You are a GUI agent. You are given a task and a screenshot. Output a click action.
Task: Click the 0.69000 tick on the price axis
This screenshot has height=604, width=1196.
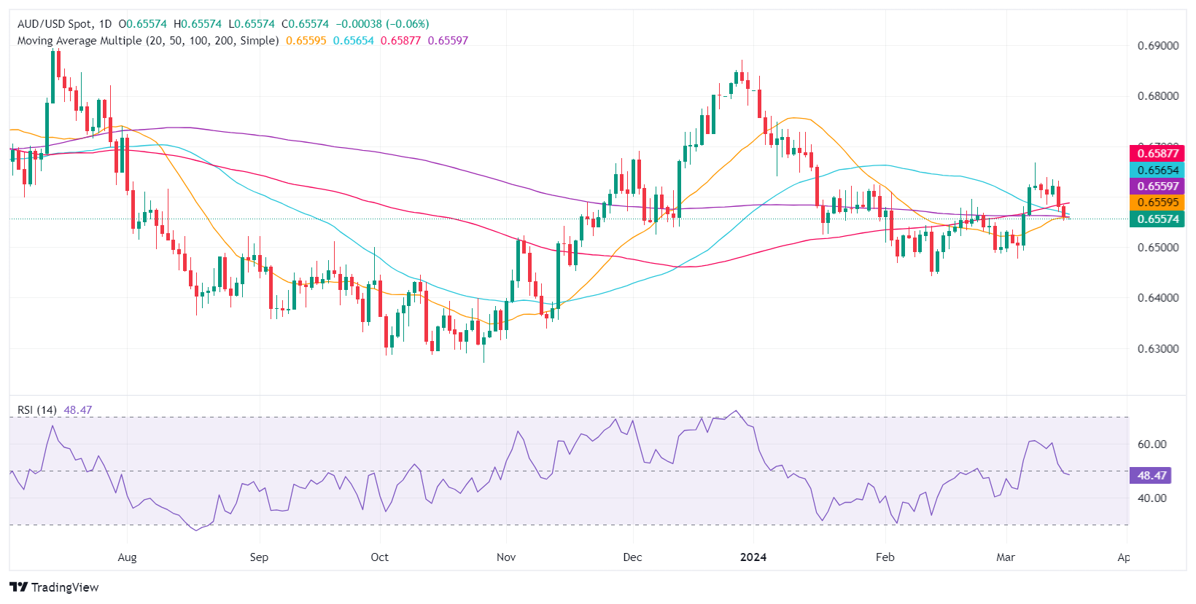pos(1157,46)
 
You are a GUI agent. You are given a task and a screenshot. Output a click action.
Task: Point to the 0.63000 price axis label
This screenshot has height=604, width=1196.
pos(1157,349)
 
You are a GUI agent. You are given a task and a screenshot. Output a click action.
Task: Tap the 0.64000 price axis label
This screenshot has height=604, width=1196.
pos(1157,298)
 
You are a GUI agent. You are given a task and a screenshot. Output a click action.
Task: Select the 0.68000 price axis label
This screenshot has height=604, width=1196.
pos(1157,96)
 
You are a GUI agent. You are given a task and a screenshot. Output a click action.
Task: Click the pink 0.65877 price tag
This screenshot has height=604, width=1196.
pos(1157,154)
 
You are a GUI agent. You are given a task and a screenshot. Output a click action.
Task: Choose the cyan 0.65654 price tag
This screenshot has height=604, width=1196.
pos(1157,170)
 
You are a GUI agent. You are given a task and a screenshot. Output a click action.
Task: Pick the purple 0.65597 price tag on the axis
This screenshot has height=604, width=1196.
pos(1157,187)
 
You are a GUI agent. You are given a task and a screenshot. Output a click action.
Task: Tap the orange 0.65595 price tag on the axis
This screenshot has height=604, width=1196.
pos(1157,203)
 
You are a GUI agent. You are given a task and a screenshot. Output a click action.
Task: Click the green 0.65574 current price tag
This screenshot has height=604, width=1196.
pos(1157,219)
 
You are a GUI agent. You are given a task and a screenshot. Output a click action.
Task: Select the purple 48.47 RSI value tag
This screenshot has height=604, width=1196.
pos(1150,476)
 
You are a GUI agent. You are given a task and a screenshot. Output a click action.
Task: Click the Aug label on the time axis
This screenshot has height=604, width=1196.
pos(127,557)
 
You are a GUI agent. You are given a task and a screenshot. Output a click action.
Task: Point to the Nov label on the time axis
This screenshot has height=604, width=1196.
pos(506,557)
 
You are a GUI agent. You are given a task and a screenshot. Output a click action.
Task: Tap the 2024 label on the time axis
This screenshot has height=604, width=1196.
pos(753,557)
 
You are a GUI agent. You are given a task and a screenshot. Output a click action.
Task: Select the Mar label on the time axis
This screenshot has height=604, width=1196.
pos(1006,557)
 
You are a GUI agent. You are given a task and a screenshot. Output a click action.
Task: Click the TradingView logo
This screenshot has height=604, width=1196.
pos(55,587)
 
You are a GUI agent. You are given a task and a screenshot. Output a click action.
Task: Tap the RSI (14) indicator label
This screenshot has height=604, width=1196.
pos(37,410)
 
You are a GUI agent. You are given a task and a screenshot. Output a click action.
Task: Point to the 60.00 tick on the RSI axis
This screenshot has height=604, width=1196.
pos(1152,444)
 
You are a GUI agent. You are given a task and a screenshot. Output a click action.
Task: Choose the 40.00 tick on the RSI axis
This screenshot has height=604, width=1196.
pos(1152,498)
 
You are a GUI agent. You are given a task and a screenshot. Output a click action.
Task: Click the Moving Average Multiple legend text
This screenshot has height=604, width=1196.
pos(148,41)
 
